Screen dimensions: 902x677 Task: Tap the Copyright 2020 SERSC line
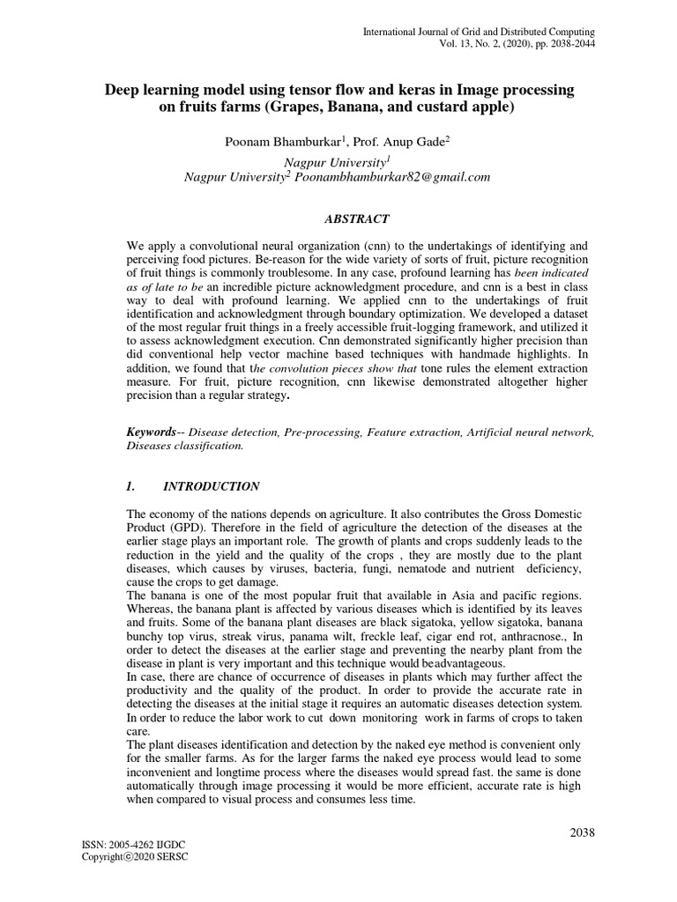pos(135,856)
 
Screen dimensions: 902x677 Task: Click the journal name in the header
pos(479,32)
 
